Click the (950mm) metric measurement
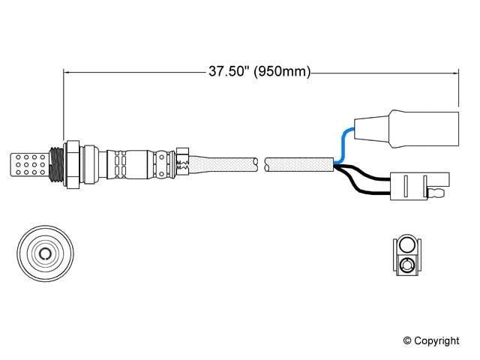pos(282,73)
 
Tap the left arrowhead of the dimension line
pos(67,73)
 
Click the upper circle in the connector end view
pos(406,244)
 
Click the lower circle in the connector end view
pos(406,263)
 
